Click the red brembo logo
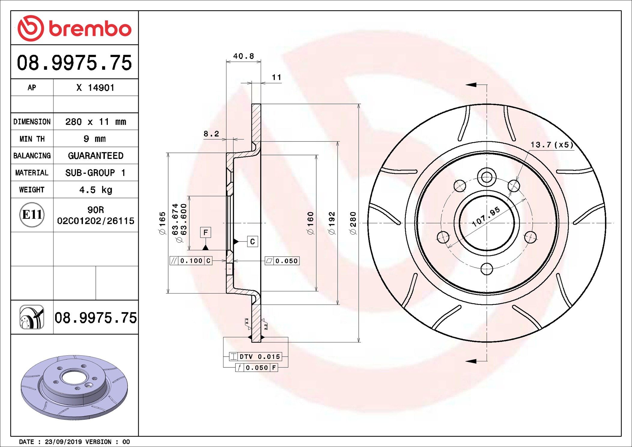click(74, 28)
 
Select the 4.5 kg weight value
click(96, 190)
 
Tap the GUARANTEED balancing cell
click(96, 156)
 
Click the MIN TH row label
click(32, 139)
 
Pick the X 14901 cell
click(96, 88)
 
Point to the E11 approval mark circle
click(32, 214)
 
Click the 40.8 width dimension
click(244, 56)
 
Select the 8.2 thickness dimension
click(211, 134)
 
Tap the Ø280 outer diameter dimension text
click(353, 223)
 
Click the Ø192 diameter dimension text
click(332, 223)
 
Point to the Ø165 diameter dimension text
click(162, 223)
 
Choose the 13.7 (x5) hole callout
click(552, 145)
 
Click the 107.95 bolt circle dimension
click(486, 216)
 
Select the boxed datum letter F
click(205, 232)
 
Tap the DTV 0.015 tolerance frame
click(255, 357)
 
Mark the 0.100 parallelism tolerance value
click(191, 261)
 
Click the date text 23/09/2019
click(63, 442)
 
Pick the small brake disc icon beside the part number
click(32, 317)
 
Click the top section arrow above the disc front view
click(476, 85)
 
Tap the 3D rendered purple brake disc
click(74, 388)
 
